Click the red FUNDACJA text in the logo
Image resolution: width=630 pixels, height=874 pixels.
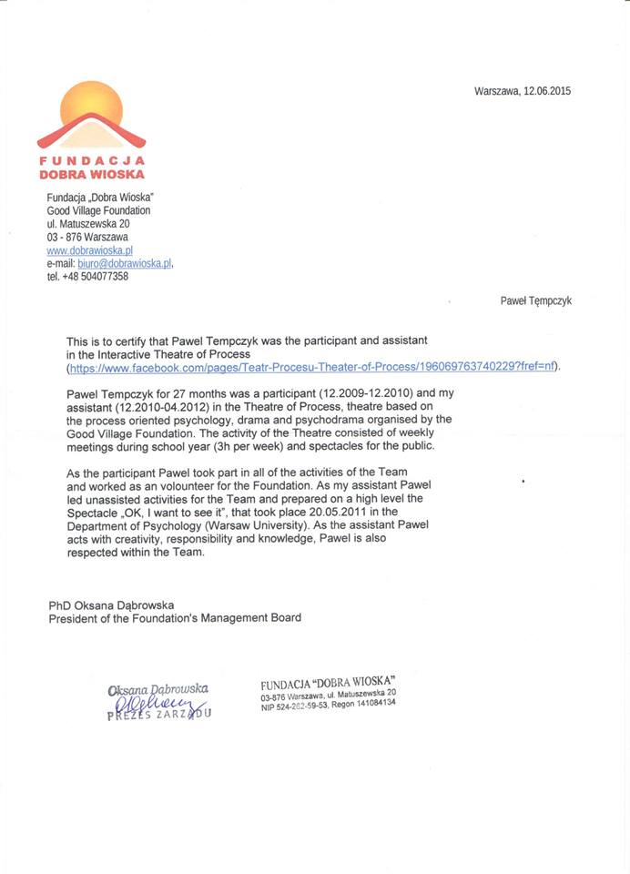point(91,160)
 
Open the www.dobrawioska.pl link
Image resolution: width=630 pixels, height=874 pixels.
point(90,249)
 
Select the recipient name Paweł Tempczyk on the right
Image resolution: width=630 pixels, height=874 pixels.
point(536,300)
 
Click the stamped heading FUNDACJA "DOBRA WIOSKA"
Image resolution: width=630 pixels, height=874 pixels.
point(328,683)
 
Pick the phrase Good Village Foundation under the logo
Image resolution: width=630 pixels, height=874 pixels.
point(98,210)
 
